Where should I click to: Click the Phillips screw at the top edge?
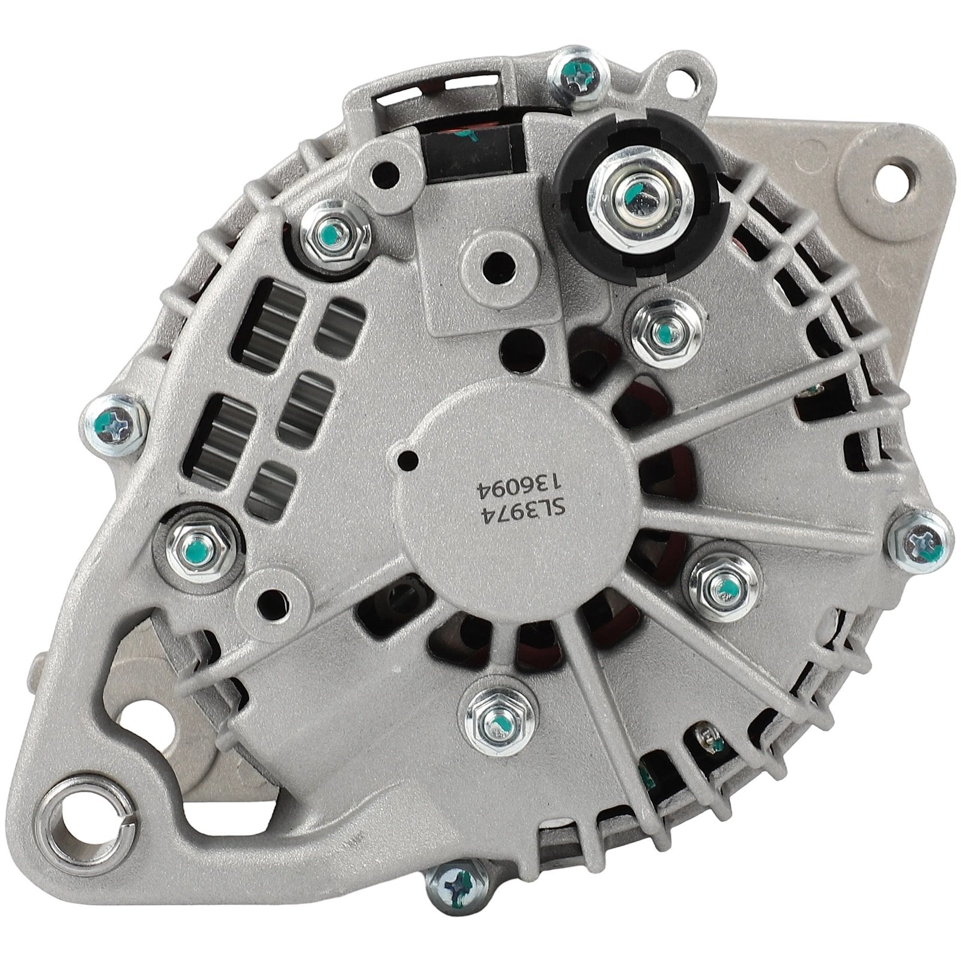click(575, 74)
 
